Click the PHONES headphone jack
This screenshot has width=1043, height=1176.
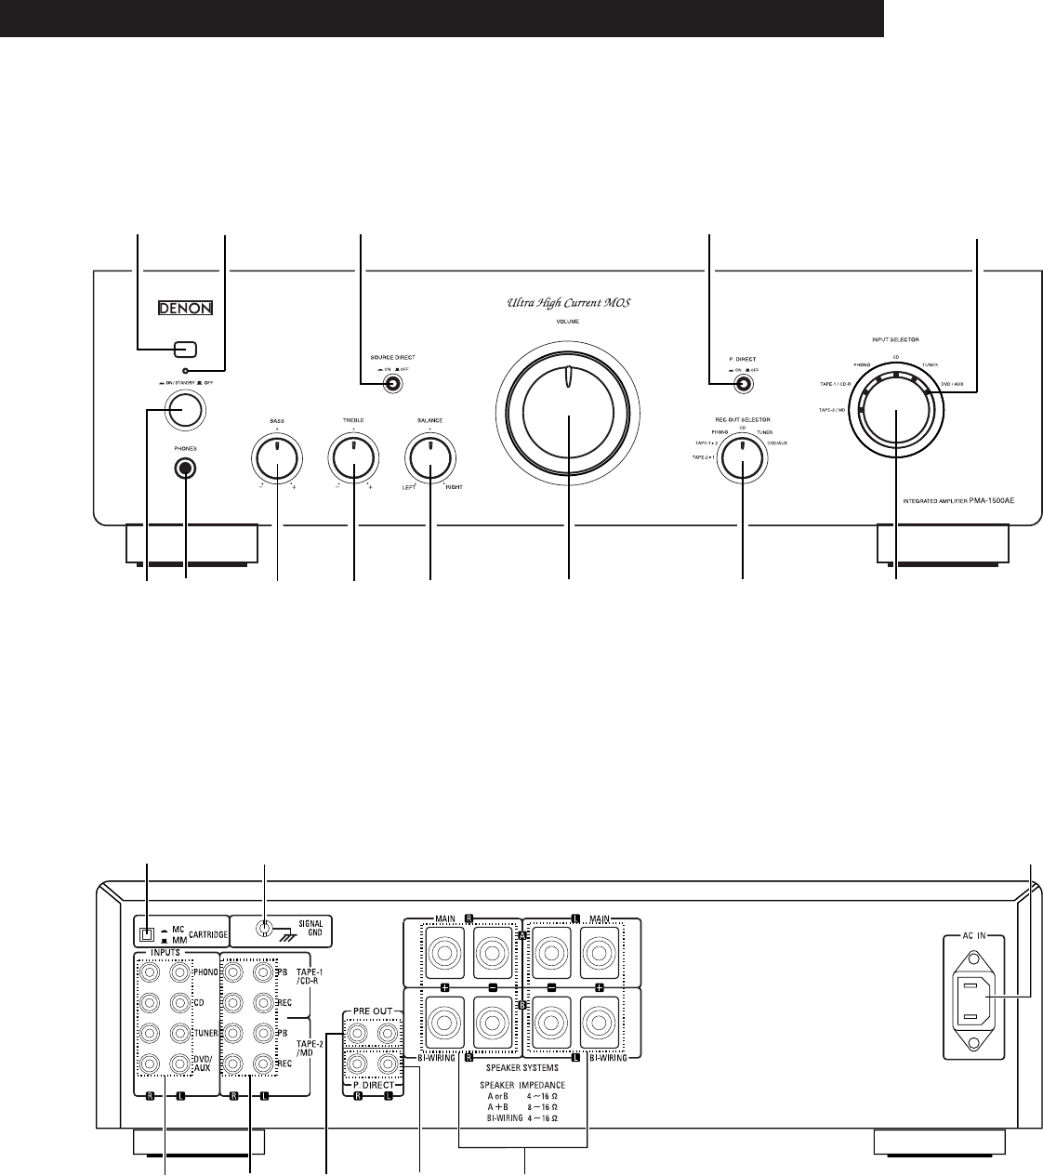pos(186,469)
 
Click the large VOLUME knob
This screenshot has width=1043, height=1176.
pos(568,408)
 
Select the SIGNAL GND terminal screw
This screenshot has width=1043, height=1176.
pos(265,928)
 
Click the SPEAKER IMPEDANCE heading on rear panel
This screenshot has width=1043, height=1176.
pos(521,1085)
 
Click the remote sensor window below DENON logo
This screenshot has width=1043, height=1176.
pos(185,350)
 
